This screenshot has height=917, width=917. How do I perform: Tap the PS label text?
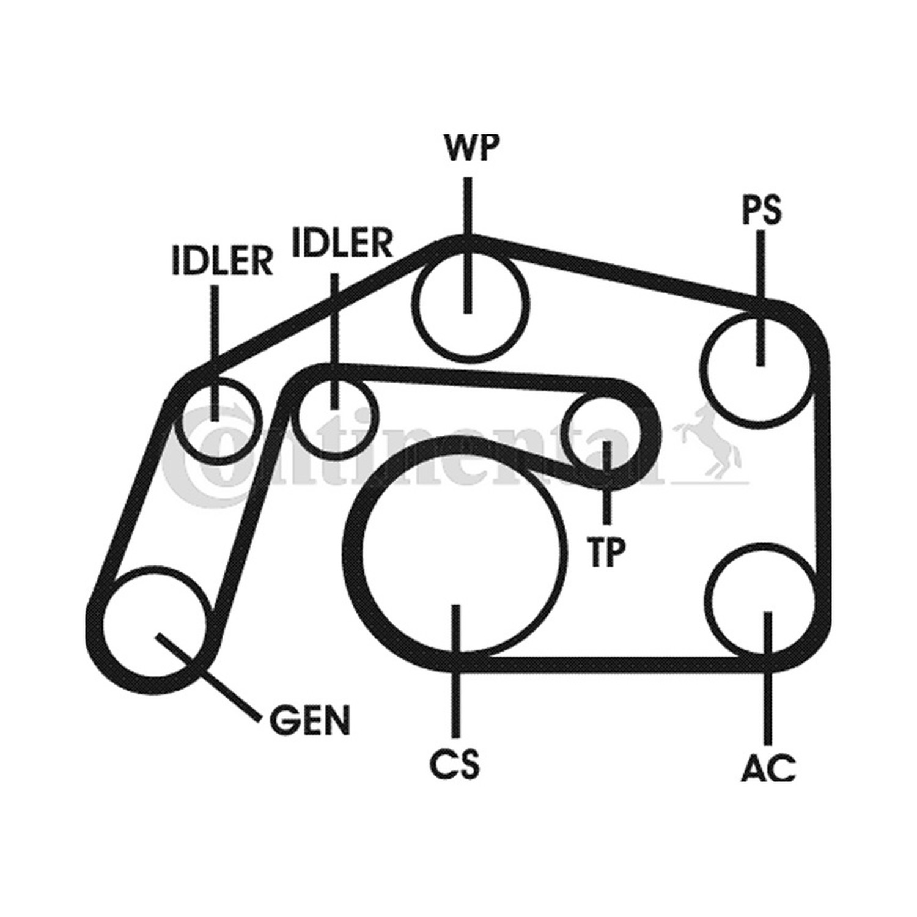pos(761,210)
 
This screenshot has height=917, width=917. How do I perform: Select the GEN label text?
pos(310,720)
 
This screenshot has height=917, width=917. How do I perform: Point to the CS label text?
pos(454,764)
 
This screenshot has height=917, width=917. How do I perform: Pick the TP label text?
pos(606,552)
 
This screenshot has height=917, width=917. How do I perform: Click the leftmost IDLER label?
pos(222,261)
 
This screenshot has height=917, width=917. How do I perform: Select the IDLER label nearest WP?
pos(342,242)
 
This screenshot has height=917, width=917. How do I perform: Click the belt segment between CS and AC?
pos(611,665)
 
